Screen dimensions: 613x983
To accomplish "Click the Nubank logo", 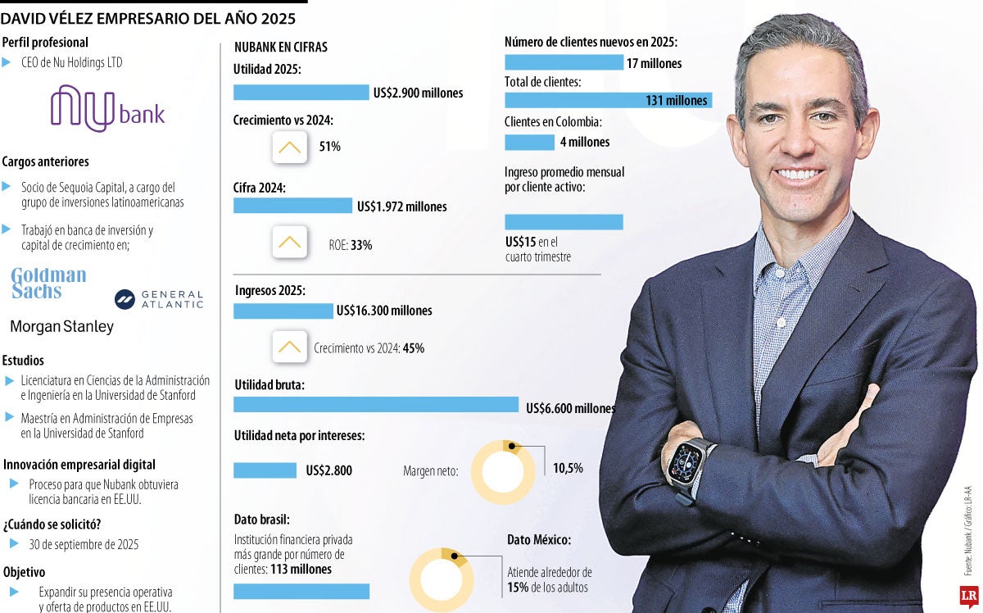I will [107, 109].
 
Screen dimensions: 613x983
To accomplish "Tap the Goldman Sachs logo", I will [48, 283].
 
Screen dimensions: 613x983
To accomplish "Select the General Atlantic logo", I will [159, 299].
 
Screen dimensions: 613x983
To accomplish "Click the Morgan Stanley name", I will [61, 327].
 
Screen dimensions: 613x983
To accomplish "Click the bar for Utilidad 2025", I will [301, 93].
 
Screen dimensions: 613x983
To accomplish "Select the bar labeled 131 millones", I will [608, 100].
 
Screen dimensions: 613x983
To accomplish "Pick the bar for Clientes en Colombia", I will [529, 142].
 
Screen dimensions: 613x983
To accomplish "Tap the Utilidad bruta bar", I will [376, 405].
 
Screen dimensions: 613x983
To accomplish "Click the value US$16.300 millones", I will [383, 311].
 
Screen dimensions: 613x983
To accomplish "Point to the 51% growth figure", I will [330, 147].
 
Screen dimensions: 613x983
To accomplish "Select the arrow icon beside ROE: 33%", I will [289, 243].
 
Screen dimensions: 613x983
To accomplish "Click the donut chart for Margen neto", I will [509, 471].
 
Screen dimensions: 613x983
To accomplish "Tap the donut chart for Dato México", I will [442, 579].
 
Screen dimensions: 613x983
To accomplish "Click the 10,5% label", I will [568, 468].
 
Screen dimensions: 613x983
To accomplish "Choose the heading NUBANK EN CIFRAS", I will [280, 48].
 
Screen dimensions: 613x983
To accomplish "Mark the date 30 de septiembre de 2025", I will [84, 544].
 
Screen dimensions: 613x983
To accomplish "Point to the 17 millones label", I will [654, 63].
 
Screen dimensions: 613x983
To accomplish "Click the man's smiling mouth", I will [799, 174].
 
